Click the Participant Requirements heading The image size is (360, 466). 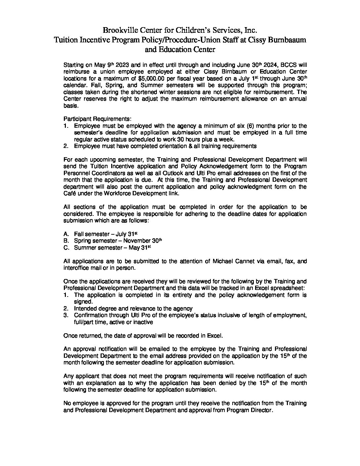pyautogui.click(x=97, y=119)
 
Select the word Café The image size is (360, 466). pyautogui.click(x=70, y=194)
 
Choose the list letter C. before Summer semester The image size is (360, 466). pyautogui.click(x=66, y=248)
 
